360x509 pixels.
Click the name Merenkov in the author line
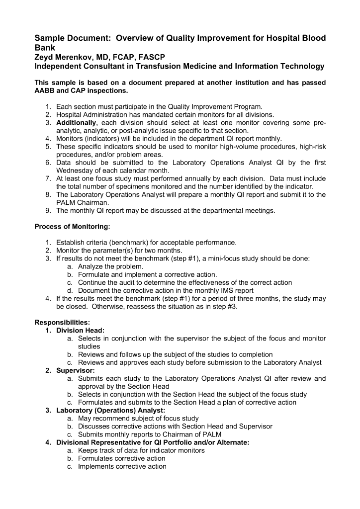point(76,58)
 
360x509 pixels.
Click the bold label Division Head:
point(80,330)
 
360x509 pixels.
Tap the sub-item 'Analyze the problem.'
point(111,266)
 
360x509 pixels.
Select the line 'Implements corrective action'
point(122,466)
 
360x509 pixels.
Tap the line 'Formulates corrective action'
point(122,458)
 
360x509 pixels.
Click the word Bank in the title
point(44,48)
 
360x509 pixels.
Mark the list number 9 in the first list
point(48,210)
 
